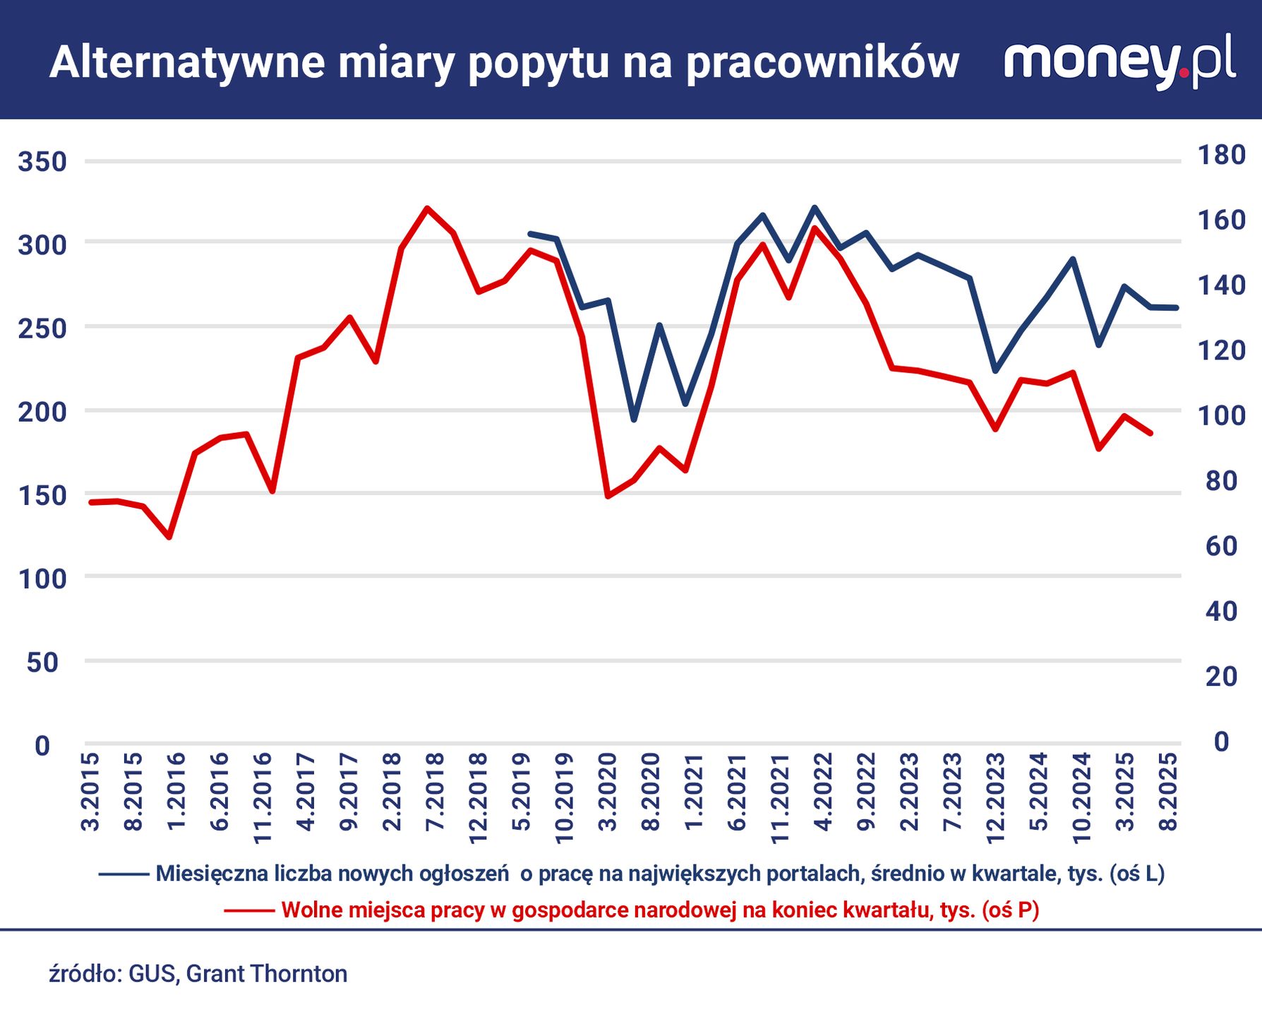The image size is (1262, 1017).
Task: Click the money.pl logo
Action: pyautogui.click(x=1119, y=61)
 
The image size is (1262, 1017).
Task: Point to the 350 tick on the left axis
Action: pyautogui.click(x=42, y=162)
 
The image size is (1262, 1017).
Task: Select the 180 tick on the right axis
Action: pyautogui.click(x=1221, y=155)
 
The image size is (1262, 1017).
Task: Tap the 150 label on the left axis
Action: pyautogui.click(x=42, y=496)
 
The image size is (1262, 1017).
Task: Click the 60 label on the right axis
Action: pyautogui.click(x=1221, y=546)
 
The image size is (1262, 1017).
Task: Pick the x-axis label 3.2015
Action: pyautogui.click(x=90, y=792)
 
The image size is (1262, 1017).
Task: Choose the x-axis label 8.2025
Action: pyautogui.click(x=1169, y=792)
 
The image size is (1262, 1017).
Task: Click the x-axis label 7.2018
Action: pyautogui.click(x=435, y=792)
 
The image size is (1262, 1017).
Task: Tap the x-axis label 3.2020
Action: pyautogui.click(x=608, y=792)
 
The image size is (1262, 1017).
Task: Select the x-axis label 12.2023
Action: pyautogui.click(x=995, y=798)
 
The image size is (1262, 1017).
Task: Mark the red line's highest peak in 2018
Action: pyautogui.click(x=427, y=208)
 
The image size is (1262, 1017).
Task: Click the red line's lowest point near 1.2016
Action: pyautogui.click(x=169, y=537)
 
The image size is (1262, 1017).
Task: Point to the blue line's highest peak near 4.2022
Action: pyautogui.click(x=815, y=208)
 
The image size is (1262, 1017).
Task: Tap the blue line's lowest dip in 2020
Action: pyautogui.click(x=634, y=420)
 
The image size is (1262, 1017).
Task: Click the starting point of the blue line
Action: pyautogui.click(x=531, y=233)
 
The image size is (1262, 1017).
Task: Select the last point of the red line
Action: pyautogui.click(x=1150, y=433)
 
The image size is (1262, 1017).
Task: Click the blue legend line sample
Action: pyautogui.click(x=124, y=874)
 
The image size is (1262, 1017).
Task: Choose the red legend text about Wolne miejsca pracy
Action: pyautogui.click(x=660, y=910)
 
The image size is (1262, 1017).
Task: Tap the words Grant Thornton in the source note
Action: pyautogui.click(x=267, y=974)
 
